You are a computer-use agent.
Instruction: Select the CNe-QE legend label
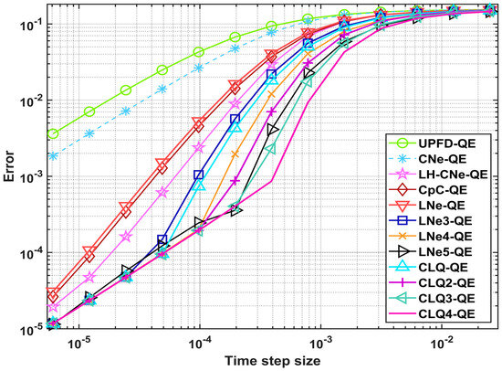443,161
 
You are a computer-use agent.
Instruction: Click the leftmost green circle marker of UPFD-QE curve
53,133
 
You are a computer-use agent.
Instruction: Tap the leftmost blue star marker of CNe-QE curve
53,155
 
